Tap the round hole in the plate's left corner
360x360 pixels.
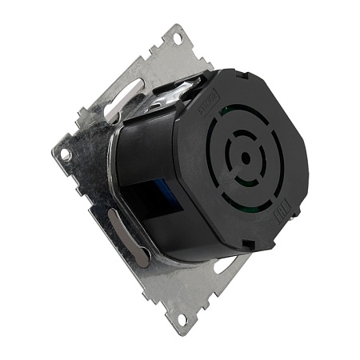[x=65, y=152]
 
